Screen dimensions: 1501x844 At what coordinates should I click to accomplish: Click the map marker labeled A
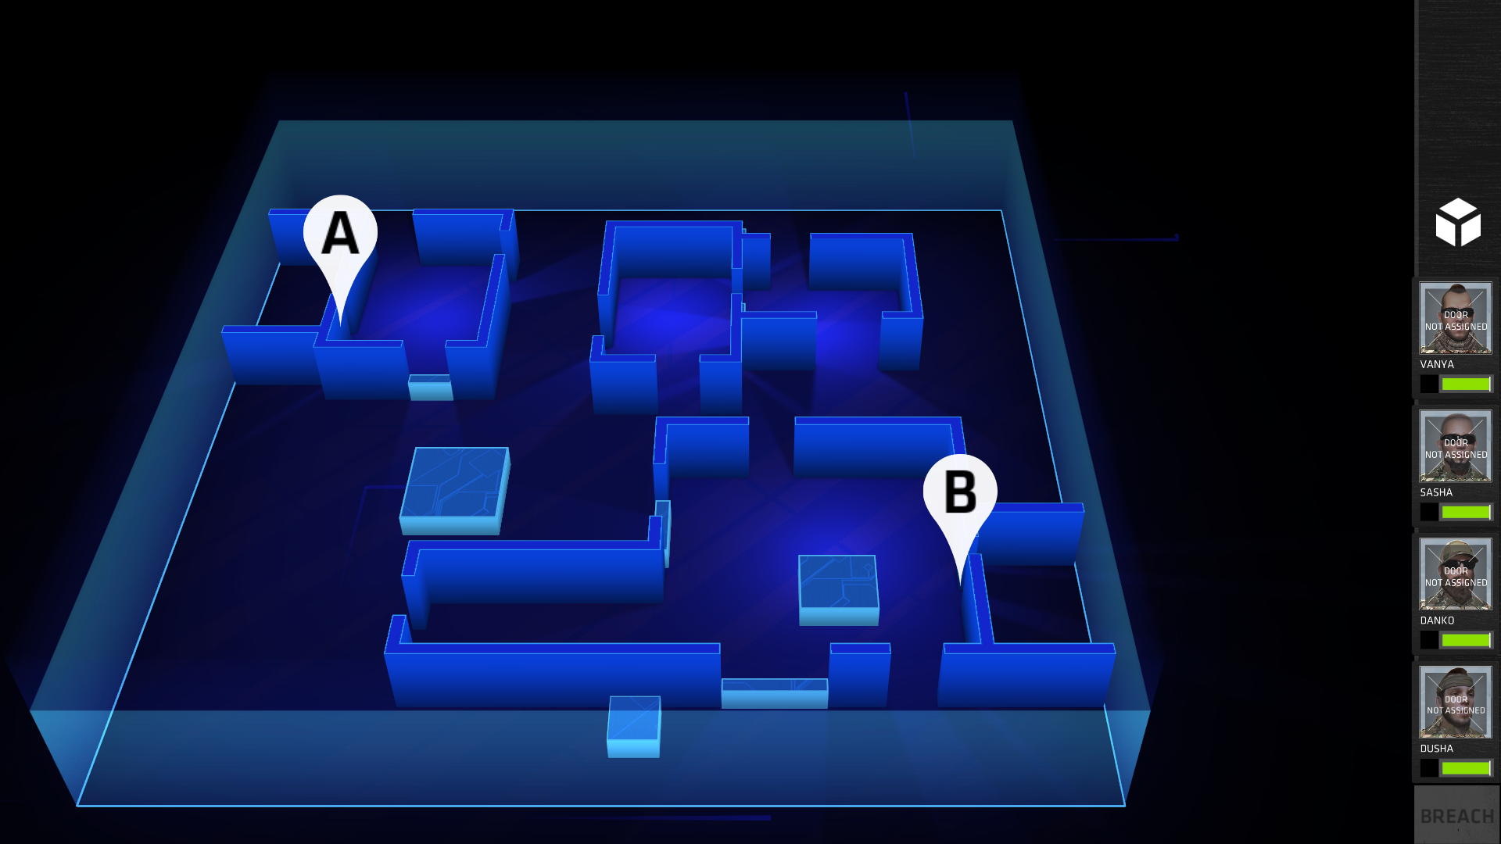click(340, 234)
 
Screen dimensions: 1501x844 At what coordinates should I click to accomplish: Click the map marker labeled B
click(960, 493)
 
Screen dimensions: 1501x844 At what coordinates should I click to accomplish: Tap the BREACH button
click(1456, 816)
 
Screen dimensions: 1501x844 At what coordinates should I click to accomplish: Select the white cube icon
click(1458, 223)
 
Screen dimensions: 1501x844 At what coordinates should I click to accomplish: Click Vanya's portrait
click(1456, 318)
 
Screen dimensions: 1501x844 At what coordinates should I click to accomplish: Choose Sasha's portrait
click(1456, 446)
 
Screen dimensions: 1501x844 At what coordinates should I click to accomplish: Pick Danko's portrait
click(1456, 574)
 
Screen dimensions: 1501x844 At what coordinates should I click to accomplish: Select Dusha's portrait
click(1456, 702)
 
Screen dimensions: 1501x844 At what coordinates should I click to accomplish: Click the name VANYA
click(1437, 365)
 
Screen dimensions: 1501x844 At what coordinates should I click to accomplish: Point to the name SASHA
click(1436, 493)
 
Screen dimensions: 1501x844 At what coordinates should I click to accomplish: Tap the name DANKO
click(1437, 621)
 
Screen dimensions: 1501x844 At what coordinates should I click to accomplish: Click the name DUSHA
click(1436, 749)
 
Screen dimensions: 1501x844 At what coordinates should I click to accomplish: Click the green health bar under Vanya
click(1466, 384)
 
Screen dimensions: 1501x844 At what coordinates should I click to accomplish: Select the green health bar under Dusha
click(1466, 768)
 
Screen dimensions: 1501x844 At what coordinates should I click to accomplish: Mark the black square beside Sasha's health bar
click(1429, 512)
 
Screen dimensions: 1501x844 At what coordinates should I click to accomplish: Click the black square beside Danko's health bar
click(1429, 640)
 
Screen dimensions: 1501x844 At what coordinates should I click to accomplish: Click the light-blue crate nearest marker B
click(838, 590)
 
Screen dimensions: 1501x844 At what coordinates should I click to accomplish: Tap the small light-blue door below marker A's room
click(430, 387)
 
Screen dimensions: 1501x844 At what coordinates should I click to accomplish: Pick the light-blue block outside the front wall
click(634, 727)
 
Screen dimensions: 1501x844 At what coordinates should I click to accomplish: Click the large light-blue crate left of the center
click(454, 491)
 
